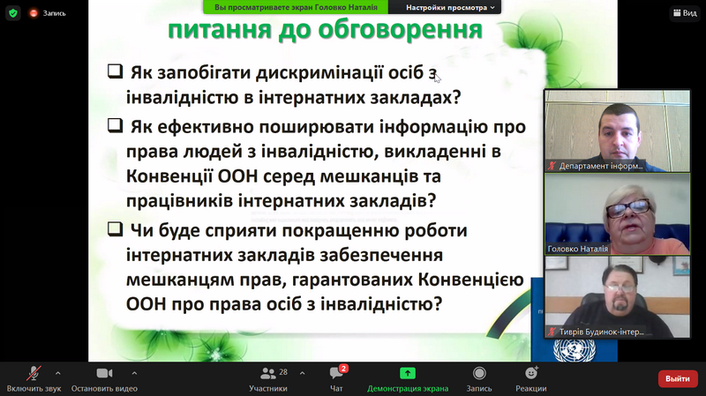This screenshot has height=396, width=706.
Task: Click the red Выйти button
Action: click(678, 378)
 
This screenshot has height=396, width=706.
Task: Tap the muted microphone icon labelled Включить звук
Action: click(34, 373)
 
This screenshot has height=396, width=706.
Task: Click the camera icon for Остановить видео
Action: click(104, 373)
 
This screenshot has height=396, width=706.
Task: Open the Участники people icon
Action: click(268, 373)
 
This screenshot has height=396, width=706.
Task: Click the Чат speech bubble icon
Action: click(336, 373)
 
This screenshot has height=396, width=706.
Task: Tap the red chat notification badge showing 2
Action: click(343, 369)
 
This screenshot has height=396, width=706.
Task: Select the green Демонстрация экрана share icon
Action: click(408, 373)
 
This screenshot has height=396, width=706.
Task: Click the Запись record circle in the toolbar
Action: click(479, 373)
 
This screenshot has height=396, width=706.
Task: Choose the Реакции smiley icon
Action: click(531, 372)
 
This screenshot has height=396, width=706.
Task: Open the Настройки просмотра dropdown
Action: click(450, 7)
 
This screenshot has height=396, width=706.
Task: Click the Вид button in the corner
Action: click(685, 13)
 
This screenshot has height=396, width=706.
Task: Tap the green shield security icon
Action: click(13, 13)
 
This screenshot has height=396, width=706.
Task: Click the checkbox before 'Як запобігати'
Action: click(115, 71)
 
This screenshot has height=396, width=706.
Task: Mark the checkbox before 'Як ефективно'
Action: click(115, 125)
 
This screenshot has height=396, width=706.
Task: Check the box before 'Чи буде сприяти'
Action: click(115, 228)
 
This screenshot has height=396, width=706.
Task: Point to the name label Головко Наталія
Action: click(578, 249)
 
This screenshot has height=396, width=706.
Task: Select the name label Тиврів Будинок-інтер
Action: click(602, 332)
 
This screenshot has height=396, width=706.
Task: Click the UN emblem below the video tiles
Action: click(575, 350)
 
